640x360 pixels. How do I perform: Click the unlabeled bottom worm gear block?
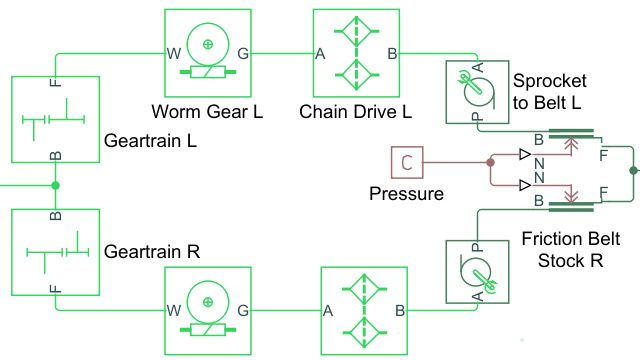coord(207,309)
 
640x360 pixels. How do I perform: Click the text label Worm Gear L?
coord(207,110)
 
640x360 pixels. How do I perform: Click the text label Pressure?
coord(406,193)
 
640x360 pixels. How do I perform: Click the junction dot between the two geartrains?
coord(55,185)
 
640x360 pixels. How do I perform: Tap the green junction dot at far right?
coord(632,171)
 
